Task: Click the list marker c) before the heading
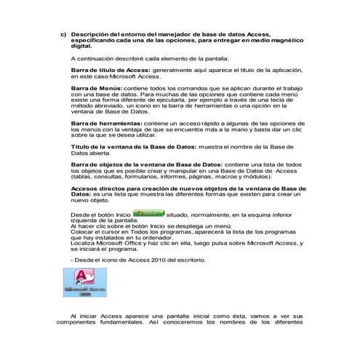[x=63, y=34]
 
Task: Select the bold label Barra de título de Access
[x=109, y=70]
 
